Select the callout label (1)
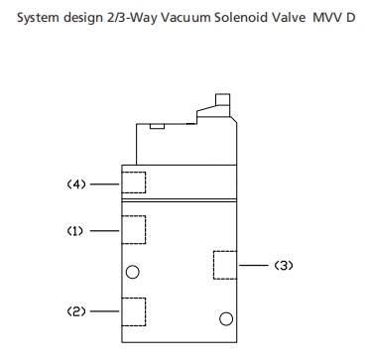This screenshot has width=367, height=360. (x=75, y=230)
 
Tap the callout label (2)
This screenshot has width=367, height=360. (x=75, y=311)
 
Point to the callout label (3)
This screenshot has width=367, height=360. (x=284, y=265)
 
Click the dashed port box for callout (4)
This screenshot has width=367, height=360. (x=132, y=182)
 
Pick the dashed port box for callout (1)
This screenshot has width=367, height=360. (x=132, y=229)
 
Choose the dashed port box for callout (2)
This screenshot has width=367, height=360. (x=132, y=311)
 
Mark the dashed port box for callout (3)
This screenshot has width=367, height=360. (x=226, y=265)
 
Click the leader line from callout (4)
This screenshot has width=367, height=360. (x=104, y=182)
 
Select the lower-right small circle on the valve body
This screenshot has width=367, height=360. (x=225, y=317)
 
